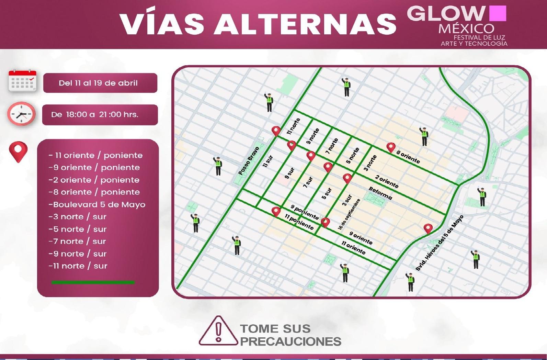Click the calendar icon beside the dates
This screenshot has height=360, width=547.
click(22, 81)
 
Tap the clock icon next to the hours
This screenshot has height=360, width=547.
click(21, 114)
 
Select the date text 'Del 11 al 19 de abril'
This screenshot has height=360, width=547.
click(98, 83)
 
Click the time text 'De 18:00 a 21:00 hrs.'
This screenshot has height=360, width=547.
click(95, 114)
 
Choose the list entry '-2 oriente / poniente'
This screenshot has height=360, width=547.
click(94, 180)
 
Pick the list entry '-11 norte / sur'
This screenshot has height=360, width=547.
click(78, 266)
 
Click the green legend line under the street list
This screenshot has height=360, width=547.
click(93, 282)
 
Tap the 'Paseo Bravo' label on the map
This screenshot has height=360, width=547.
click(249, 161)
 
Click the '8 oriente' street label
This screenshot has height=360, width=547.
click(408, 157)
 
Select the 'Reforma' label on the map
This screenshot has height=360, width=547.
click(380, 193)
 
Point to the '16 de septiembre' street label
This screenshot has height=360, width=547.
click(349, 214)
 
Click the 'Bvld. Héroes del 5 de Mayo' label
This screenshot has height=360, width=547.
click(440, 243)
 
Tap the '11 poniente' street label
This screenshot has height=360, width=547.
click(299, 222)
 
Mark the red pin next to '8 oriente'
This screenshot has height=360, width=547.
click(391, 147)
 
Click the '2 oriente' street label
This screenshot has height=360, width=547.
click(387, 181)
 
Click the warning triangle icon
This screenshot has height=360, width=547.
click(218, 331)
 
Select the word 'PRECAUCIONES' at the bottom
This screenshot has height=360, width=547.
click(290, 341)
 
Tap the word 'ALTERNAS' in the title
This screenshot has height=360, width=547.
click(305, 24)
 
